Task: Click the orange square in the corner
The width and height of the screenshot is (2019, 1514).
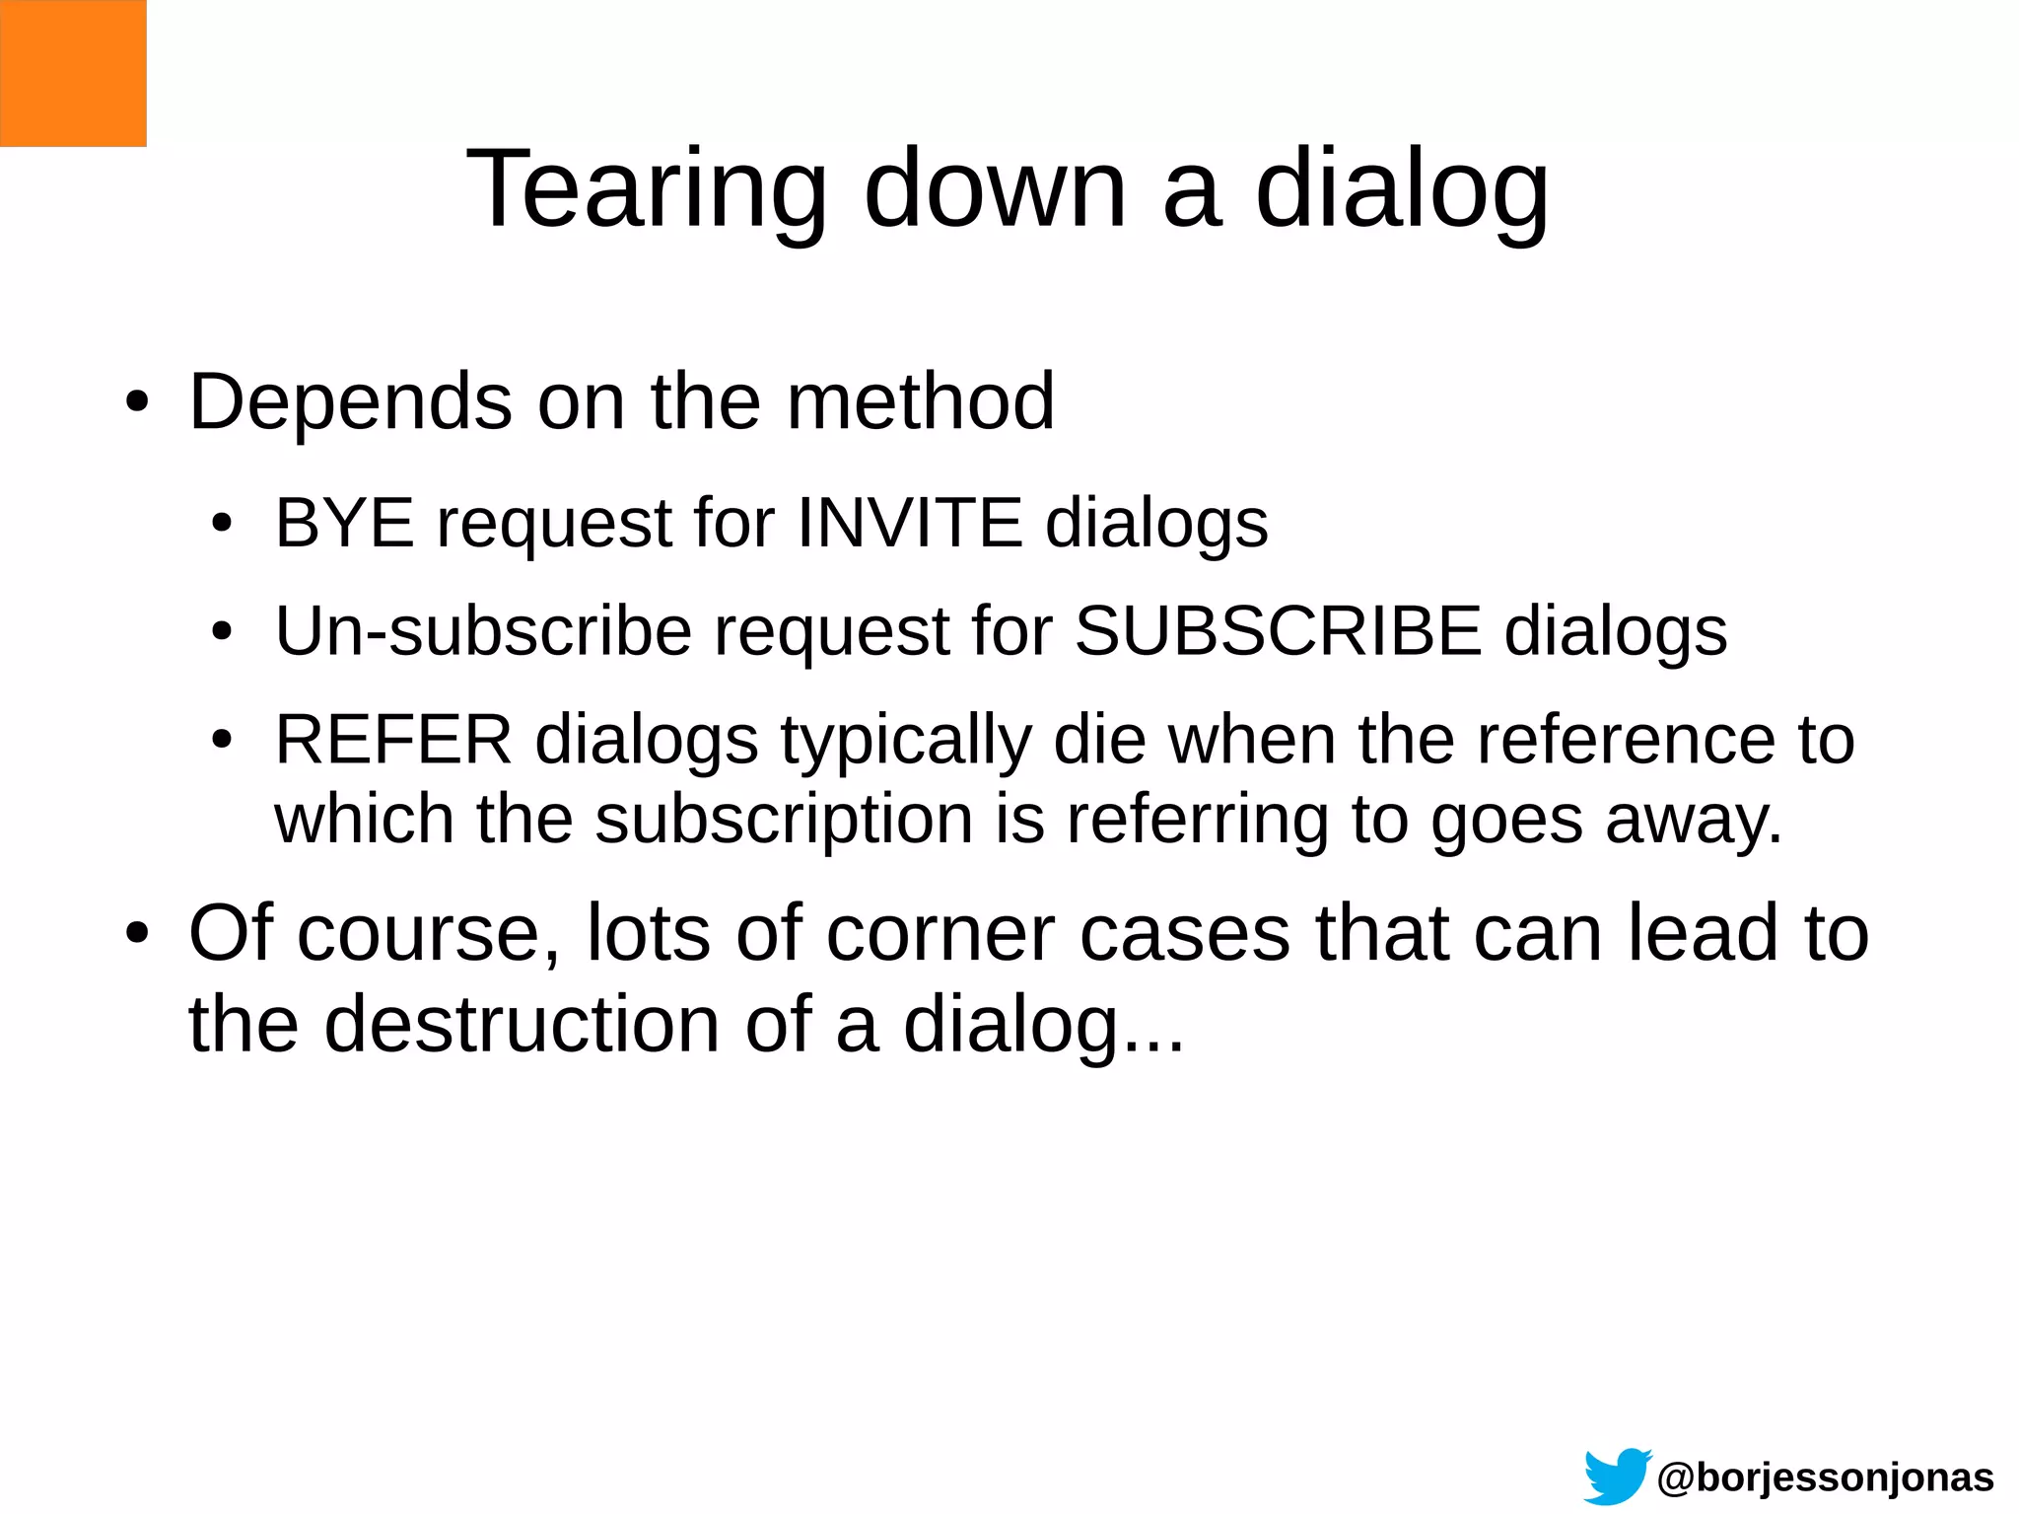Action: tap(73, 73)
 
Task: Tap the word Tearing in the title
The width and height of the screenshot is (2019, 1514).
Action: tap(646, 189)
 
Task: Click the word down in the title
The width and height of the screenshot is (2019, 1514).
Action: tap(995, 189)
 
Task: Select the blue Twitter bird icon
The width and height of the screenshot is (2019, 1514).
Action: tap(1617, 1476)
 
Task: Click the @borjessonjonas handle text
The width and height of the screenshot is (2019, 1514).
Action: tap(1825, 1478)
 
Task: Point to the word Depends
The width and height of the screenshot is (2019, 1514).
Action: tap(350, 402)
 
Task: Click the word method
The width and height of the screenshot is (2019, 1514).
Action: tap(921, 402)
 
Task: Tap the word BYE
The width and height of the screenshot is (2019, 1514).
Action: tap(344, 523)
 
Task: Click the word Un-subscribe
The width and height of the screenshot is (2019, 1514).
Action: tap(483, 631)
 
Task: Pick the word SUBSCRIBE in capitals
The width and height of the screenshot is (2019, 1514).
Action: tap(1278, 631)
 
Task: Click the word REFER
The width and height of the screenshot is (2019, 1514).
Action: tap(393, 740)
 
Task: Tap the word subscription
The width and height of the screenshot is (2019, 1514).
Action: tap(785, 821)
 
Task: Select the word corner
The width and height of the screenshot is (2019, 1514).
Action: tap(940, 933)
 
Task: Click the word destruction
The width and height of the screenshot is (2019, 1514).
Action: tap(522, 1025)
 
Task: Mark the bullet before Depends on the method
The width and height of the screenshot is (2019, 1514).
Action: tap(137, 404)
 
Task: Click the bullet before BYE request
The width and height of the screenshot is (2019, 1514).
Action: tap(222, 525)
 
